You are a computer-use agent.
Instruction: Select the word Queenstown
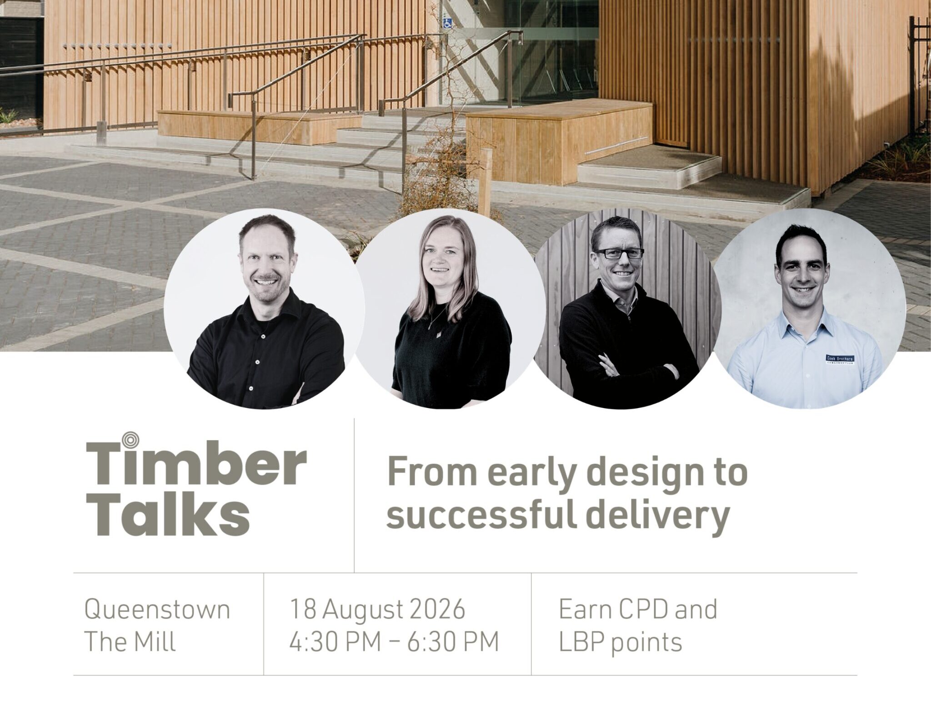pos(157,610)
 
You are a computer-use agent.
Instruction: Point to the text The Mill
pos(130,642)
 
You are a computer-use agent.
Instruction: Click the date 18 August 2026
pos(377,610)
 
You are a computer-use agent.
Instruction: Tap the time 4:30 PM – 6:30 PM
pos(394,642)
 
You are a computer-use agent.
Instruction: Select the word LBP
pos(583,642)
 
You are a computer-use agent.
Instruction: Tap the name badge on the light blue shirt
pos(839,360)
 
